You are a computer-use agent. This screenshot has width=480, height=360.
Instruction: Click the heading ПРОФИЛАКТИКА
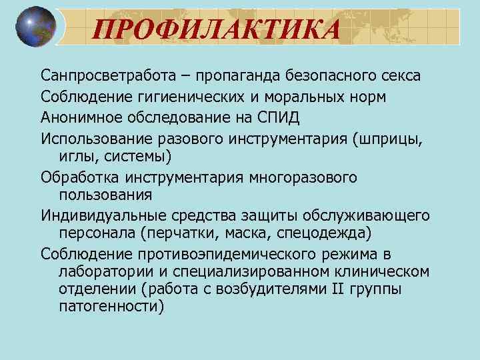pos(216,29)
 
